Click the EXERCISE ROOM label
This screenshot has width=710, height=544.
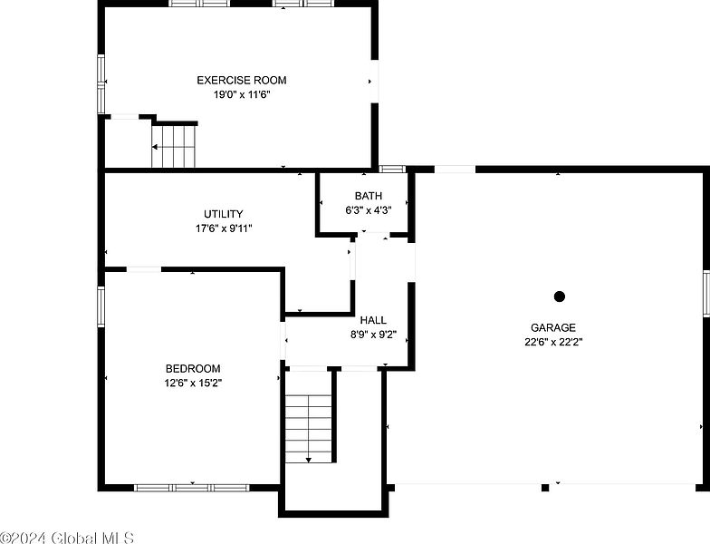tap(241, 80)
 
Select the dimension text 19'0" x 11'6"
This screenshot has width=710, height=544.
tap(242, 94)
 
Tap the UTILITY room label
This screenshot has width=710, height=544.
tap(223, 214)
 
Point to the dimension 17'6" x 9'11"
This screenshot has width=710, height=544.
tap(224, 228)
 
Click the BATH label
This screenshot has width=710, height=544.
tap(368, 196)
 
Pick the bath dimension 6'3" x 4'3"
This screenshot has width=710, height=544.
tap(368, 210)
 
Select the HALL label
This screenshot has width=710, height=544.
tap(373, 321)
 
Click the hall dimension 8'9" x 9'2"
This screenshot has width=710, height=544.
tap(373, 335)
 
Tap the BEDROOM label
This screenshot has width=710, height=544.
tap(193, 368)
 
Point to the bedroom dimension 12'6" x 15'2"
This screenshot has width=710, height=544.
tap(193, 383)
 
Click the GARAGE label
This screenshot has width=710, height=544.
tap(553, 327)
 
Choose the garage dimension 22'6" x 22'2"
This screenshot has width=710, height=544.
tap(553, 342)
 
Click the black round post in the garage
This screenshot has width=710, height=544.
tap(560, 296)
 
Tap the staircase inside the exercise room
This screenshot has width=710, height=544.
tap(174, 146)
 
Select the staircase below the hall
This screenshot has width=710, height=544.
tap(308, 428)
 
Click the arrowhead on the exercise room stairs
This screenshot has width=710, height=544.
tap(155, 147)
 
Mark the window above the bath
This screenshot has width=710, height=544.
tap(391, 169)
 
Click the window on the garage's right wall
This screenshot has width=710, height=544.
tap(706, 293)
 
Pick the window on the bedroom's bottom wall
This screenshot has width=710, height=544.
tap(192, 488)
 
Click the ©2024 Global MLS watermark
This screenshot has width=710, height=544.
tap(67, 538)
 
